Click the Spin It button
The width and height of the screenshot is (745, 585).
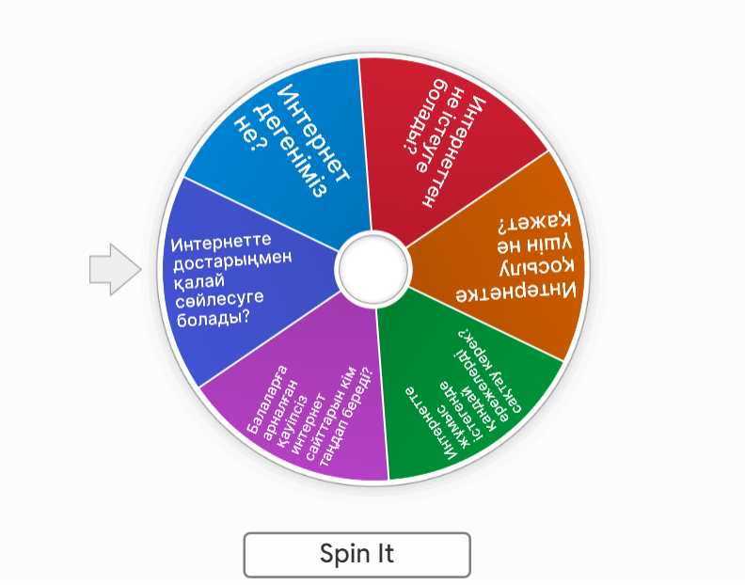point(357,554)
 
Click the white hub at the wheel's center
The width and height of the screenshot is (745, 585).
point(372,268)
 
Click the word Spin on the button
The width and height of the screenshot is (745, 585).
point(341,554)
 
